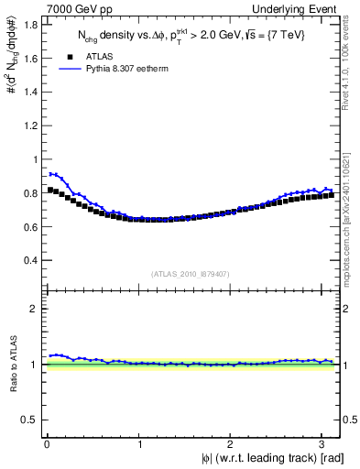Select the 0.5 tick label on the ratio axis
[x=32, y=420]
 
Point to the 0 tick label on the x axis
[x=47, y=445]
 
